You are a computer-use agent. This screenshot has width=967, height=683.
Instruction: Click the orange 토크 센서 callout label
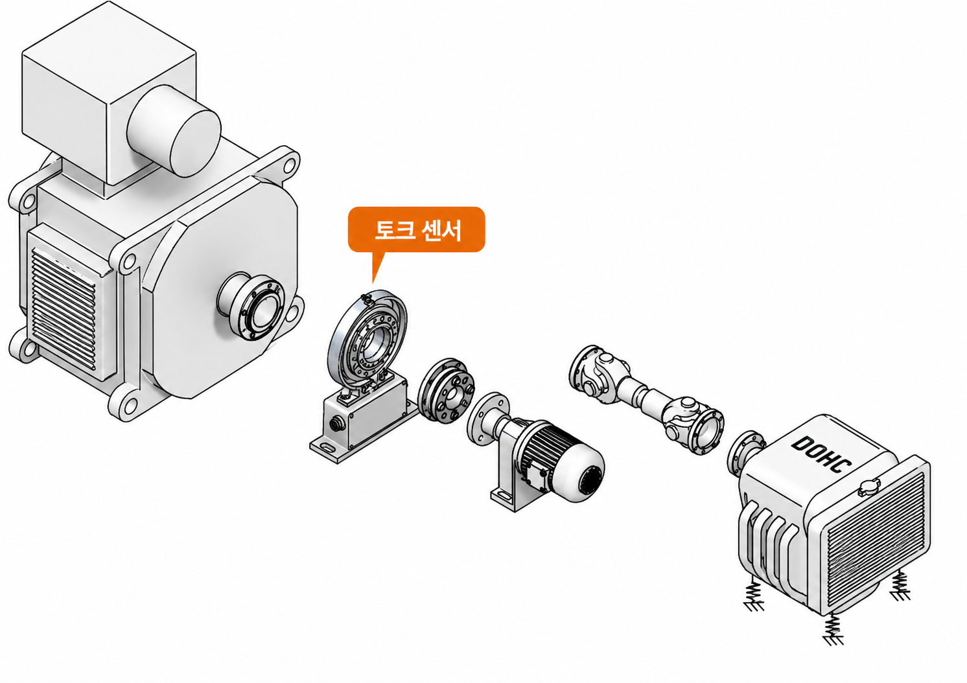pyautogui.click(x=417, y=229)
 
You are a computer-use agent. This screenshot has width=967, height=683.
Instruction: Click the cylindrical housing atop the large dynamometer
pyautogui.click(x=174, y=130)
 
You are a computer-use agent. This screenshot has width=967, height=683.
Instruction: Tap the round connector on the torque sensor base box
pyautogui.click(x=336, y=425)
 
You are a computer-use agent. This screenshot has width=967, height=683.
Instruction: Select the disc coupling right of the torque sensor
pyautogui.click(x=447, y=390)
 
